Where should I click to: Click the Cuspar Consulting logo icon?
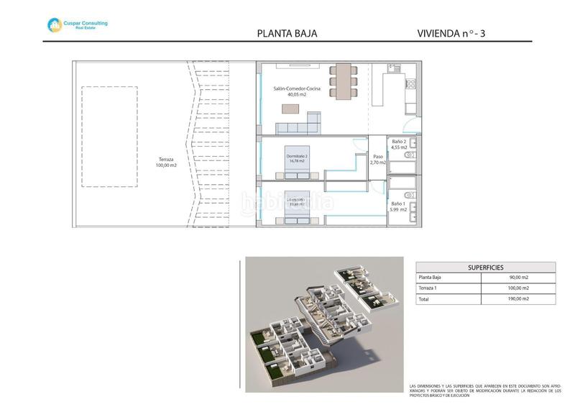click(55, 25)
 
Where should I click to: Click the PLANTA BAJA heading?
click(287, 33)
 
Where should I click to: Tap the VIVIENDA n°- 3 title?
click(455, 33)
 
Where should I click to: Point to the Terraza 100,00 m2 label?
click(166, 163)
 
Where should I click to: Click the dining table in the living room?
click(342, 80)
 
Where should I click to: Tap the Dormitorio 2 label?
click(297, 158)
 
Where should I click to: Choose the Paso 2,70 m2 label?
click(377, 160)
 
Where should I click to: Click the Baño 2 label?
click(399, 145)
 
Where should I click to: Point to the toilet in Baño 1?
click(411, 194)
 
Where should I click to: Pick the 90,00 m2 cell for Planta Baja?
click(518, 278)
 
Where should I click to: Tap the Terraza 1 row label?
click(430, 288)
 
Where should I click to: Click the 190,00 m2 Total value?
click(518, 299)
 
